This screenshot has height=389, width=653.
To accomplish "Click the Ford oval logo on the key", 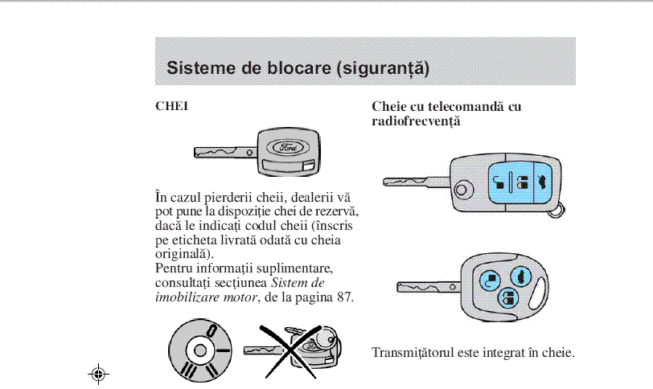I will (287, 148).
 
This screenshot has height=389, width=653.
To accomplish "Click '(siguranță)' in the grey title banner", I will (382, 68).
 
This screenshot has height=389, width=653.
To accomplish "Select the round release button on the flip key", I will (462, 190).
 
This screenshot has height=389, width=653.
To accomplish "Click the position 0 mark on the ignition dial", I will (210, 330).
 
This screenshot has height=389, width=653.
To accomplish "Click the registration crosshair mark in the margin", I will (100, 374).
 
